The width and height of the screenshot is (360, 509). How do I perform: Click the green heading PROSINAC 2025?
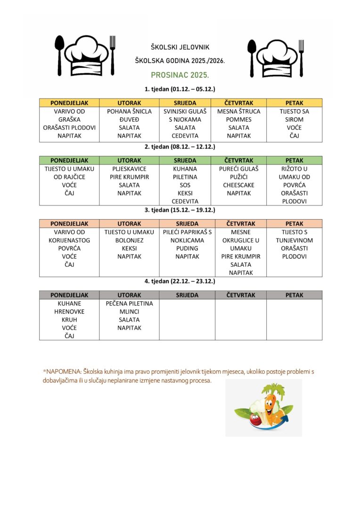180,75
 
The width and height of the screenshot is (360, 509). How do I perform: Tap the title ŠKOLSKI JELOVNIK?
180,48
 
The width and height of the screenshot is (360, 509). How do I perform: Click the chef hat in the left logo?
85,55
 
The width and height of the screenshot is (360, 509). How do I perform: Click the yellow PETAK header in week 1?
294,103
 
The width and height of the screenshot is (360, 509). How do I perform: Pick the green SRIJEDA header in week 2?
185,160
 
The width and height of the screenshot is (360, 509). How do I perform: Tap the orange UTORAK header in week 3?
129,224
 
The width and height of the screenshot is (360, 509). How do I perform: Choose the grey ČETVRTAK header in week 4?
241,295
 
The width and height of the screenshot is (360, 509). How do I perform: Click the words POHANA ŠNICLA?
129,112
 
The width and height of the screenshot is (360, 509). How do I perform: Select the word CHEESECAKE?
241,185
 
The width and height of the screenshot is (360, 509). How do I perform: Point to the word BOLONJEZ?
129,240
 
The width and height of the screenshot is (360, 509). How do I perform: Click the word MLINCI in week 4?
129,312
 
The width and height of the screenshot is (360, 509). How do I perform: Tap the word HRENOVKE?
69,312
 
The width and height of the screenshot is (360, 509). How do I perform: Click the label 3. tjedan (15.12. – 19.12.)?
180,210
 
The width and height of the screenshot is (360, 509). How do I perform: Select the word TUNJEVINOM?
294,240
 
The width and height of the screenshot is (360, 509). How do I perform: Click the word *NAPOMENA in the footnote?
58,372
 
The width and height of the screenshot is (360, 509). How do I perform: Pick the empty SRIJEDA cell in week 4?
187,320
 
